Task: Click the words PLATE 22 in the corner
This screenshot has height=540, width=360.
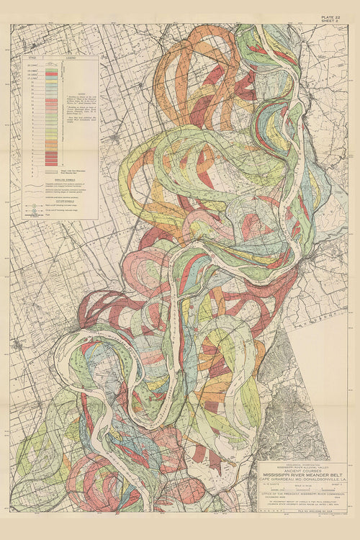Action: click(x=333, y=18)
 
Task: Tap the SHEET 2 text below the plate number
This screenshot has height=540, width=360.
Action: click(x=334, y=23)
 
